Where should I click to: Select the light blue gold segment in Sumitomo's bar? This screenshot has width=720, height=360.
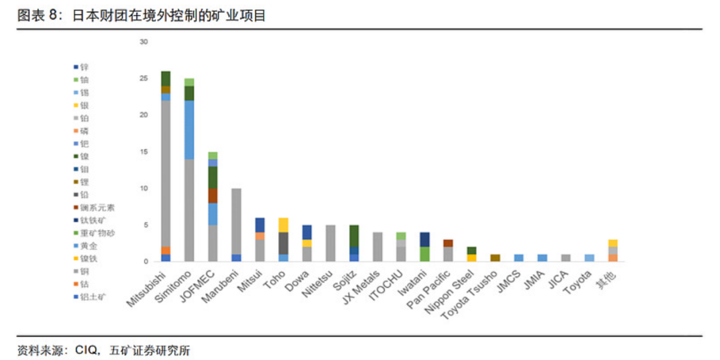tap(189, 129)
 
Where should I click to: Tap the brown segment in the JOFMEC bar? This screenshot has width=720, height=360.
tap(212, 196)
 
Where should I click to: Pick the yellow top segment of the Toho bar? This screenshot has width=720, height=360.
tap(283, 225)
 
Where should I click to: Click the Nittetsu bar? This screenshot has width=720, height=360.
tap(330, 243)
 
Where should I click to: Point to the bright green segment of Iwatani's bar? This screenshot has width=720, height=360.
tap(424, 254)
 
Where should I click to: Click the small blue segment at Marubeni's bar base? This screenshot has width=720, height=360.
tap(236, 258)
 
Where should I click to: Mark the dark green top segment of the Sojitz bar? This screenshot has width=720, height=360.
tap(354, 236)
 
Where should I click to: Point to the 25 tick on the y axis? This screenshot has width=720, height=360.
tap(144, 79)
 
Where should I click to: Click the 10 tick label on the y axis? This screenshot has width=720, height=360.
tap(144, 188)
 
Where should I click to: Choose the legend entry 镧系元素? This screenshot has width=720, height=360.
tap(97, 207)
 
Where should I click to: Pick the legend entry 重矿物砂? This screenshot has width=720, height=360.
tap(97, 233)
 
